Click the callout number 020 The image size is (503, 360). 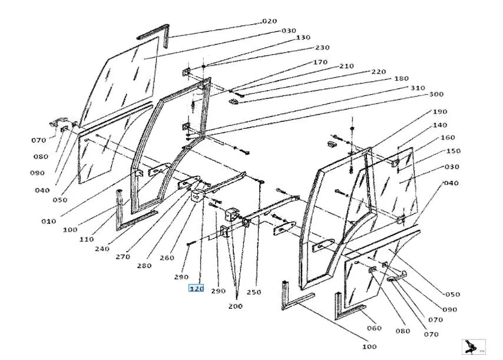point(269,21)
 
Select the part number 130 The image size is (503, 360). point(303,38)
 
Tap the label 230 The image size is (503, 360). point(322,48)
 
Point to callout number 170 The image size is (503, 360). point(320,62)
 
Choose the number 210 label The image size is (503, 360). point(346,66)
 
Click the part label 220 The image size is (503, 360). point(378,72)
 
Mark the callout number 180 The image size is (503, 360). point(401,79)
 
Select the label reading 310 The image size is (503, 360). point(418,88)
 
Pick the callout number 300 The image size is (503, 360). point(436,94)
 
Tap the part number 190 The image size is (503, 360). point(440,111)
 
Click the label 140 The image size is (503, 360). point(440,125)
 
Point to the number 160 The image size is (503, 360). point(448,138)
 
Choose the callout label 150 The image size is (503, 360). point(454,151)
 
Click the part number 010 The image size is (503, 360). point(49,221)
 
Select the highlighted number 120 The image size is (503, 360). point(196,289)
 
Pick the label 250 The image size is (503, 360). point(254,292)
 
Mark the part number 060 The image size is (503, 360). point(374,328)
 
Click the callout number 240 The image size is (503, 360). point(102,248)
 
